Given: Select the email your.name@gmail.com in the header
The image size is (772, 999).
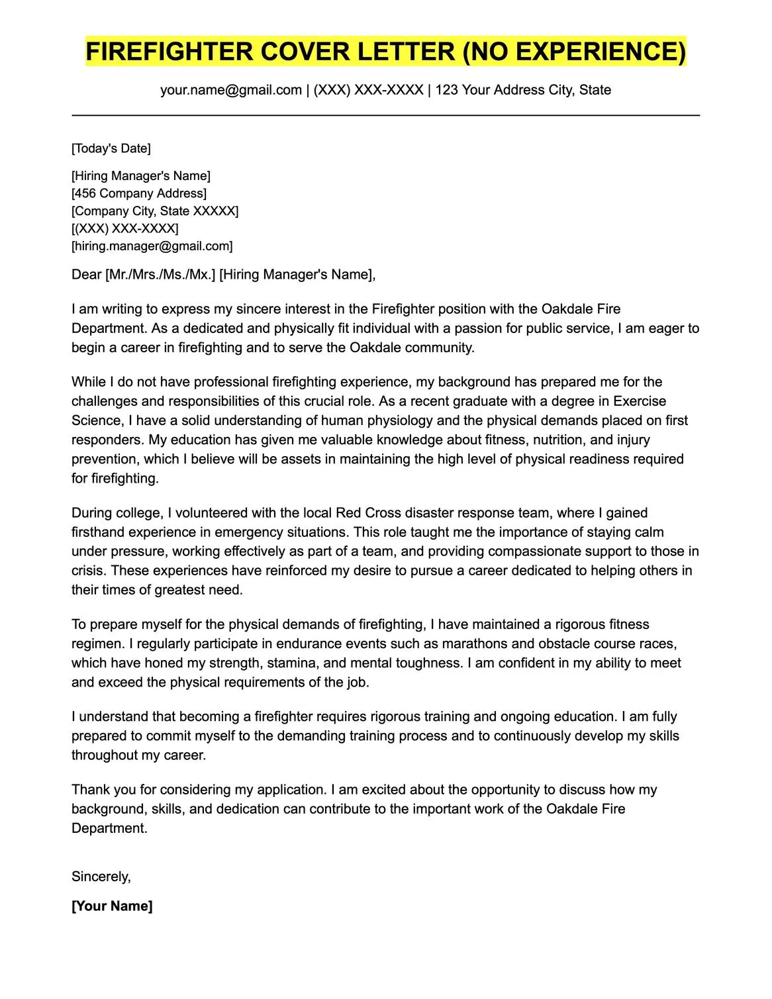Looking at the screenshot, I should click(231, 90).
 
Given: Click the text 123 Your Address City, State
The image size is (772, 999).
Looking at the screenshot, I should click(523, 90).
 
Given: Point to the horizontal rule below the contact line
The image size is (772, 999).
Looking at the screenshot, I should click(385, 116).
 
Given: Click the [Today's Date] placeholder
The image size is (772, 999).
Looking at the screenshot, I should click(111, 148).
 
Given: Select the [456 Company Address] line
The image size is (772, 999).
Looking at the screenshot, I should click(139, 193).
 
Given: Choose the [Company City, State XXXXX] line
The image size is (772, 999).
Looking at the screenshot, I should click(155, 211).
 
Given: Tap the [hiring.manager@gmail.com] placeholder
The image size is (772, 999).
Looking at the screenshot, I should click(152, 246).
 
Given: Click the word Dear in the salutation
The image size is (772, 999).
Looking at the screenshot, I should click(87, 275).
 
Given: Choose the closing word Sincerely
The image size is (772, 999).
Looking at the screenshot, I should click(101, 877).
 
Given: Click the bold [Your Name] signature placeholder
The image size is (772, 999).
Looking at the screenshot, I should click(112, 906).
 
